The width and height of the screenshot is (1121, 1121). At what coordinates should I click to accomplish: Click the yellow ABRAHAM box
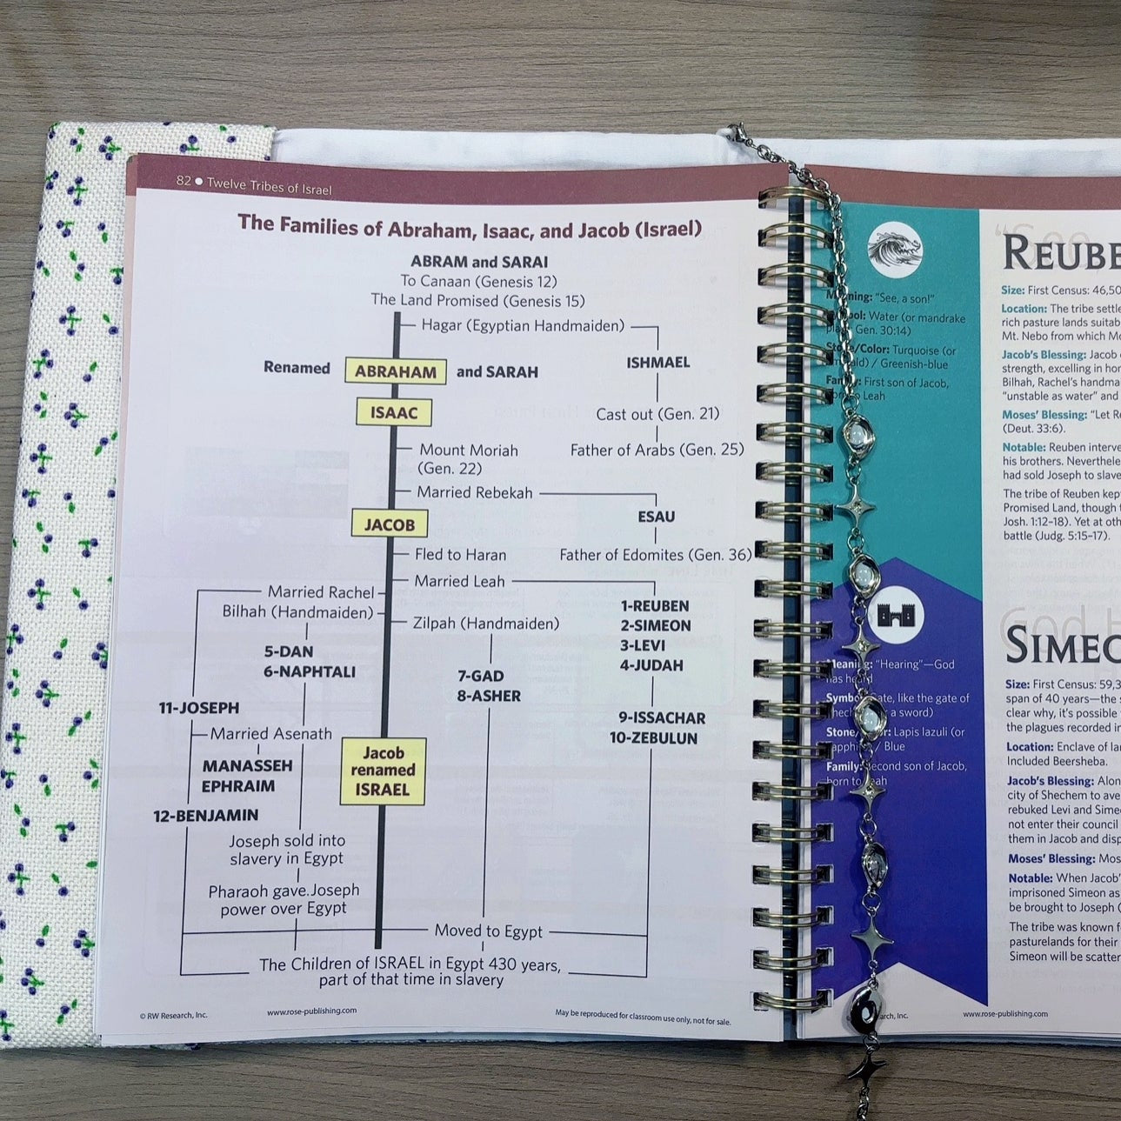396,371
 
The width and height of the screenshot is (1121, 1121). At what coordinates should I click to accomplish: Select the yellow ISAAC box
394,412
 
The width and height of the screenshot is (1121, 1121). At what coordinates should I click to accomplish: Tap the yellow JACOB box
390,524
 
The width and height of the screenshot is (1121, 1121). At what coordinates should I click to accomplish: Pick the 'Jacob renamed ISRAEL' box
383,771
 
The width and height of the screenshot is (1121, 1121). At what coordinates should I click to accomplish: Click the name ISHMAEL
657,362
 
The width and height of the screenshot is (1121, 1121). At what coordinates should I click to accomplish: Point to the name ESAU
656,517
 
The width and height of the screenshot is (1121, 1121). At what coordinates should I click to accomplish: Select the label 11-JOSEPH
198,708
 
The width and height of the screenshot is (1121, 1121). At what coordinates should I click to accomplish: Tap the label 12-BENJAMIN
206,816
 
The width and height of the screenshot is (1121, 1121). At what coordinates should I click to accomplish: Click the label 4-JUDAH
651,665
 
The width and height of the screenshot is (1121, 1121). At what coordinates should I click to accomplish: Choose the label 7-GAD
481,676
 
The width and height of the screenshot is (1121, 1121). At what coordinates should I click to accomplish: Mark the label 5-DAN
289,651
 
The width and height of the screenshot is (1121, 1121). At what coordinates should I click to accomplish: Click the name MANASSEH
247,766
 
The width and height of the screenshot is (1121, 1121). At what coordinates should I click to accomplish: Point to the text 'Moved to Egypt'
488,931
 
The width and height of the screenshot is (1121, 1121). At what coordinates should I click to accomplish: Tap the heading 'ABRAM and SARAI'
479,262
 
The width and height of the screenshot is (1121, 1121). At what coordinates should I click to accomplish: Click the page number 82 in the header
183,181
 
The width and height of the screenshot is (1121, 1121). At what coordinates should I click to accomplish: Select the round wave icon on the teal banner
894,249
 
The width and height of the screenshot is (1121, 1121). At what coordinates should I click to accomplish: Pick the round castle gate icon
896,615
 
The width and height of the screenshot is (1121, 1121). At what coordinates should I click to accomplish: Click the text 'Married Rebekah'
474,493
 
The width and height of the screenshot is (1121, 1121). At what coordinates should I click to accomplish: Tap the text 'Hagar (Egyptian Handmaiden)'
523,326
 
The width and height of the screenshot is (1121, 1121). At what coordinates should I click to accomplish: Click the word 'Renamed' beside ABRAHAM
297,368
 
